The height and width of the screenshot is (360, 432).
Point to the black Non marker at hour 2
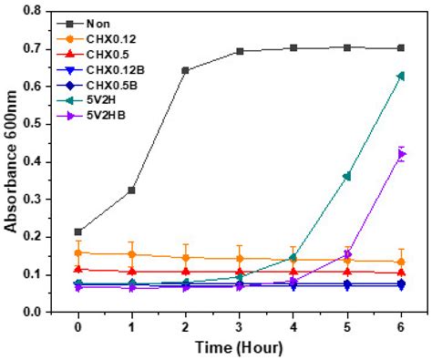click(185, 70)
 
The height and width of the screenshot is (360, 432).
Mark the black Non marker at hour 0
click(78, 231)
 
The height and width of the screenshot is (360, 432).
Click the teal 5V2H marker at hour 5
click(346, 176)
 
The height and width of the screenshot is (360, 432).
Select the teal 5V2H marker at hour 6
click(400, 76)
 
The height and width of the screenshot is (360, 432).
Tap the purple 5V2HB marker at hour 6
click(400, 154)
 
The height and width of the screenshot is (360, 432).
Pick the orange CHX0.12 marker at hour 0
click(78, 252)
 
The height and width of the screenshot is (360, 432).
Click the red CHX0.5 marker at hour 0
click(78, 269)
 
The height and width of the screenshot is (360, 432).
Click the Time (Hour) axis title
click(239, 347)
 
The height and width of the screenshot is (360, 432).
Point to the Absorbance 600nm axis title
click(13, 161)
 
